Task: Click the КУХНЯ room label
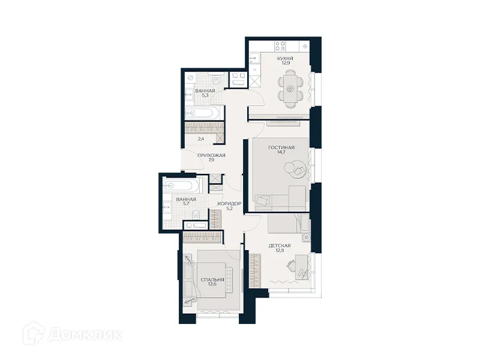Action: [285, 59]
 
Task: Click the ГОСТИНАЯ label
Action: [281, 148]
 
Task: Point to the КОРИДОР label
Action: [230, 204]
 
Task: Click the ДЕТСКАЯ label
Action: [280, 245]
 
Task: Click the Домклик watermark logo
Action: [72, 333]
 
